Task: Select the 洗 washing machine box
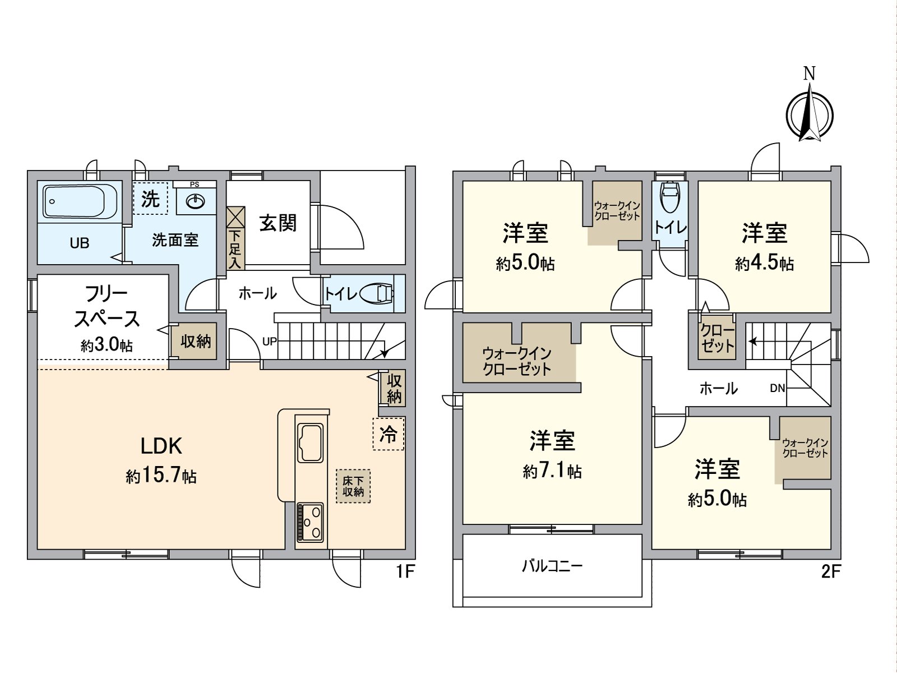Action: point(150,198)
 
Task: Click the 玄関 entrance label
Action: point(278,223)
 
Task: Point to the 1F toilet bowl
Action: point(377,293)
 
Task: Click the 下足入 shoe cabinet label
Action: point(234,249)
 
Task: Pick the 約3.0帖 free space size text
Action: point(107,345)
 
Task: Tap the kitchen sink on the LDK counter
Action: point(310,442)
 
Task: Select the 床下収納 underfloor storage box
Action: point(353,486)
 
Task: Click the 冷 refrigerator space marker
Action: point(388,434)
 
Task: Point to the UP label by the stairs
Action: point(269,341)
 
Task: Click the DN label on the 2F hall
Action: point(778,389)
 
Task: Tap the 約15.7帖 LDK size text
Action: point(161,477)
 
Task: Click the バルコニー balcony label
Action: point(552,566)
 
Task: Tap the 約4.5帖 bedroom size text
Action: point(765,264)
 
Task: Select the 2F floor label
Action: point(831,571)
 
